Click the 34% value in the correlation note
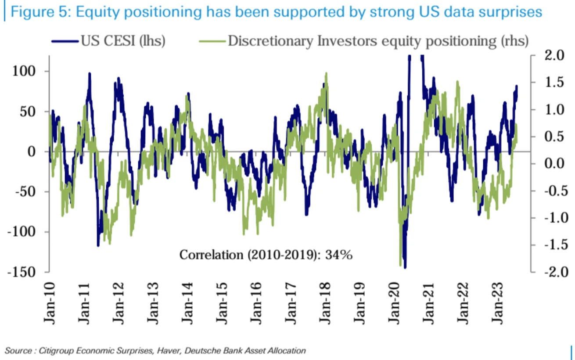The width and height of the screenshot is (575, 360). (x=338, y=255)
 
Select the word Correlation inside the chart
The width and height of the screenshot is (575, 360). (x=210, y=255)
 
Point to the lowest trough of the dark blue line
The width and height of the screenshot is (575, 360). (x=405, y=267)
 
